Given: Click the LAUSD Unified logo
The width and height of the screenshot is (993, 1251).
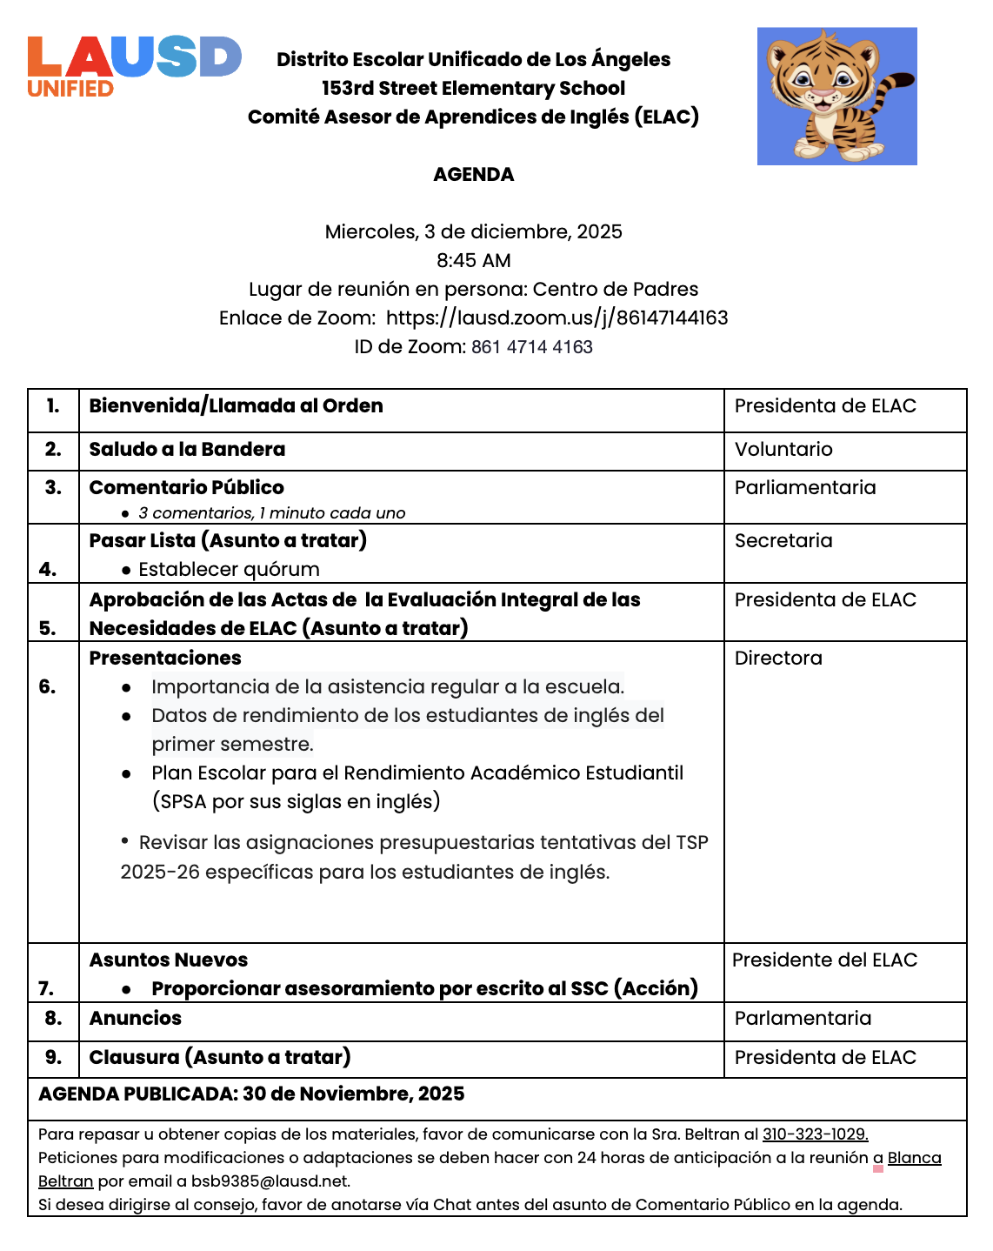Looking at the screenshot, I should tap(133, 66).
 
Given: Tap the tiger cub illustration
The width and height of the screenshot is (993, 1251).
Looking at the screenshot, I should tap(836, 96).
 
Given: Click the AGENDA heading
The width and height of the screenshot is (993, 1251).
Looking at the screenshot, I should tap(473, 174).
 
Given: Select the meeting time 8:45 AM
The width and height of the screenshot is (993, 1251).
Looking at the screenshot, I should tap(473, 260).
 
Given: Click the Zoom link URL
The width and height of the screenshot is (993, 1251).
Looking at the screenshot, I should tap(556, 318).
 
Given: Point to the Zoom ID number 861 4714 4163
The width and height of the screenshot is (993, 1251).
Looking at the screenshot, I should tap(531, 346).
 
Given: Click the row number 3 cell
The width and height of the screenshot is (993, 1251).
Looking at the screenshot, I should tap(53, 487).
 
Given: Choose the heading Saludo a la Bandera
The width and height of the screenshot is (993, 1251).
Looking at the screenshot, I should tap(187, 449).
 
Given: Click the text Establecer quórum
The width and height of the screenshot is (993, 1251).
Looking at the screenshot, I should tap(229, 569).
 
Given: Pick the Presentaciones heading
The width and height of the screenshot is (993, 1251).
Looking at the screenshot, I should tap(165, 658).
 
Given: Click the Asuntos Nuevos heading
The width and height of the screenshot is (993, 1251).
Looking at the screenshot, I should tap(169, 960).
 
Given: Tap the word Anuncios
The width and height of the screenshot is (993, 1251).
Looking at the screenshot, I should tap(136, 1018).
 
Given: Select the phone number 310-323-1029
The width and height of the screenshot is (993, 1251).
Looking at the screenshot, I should tap(815, 1134).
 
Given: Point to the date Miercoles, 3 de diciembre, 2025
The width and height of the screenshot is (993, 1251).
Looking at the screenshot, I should tap(473, 231).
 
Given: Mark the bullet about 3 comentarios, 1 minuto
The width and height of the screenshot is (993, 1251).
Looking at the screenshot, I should tap(271, 512).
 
